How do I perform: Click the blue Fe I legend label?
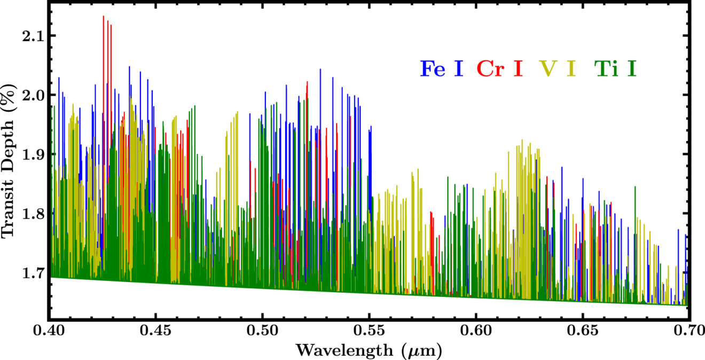point(441,69)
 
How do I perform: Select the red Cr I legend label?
point(499,69)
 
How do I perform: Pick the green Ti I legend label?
point(615,69)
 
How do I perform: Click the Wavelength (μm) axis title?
point(369,350)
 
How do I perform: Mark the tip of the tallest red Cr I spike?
point(103,17)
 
